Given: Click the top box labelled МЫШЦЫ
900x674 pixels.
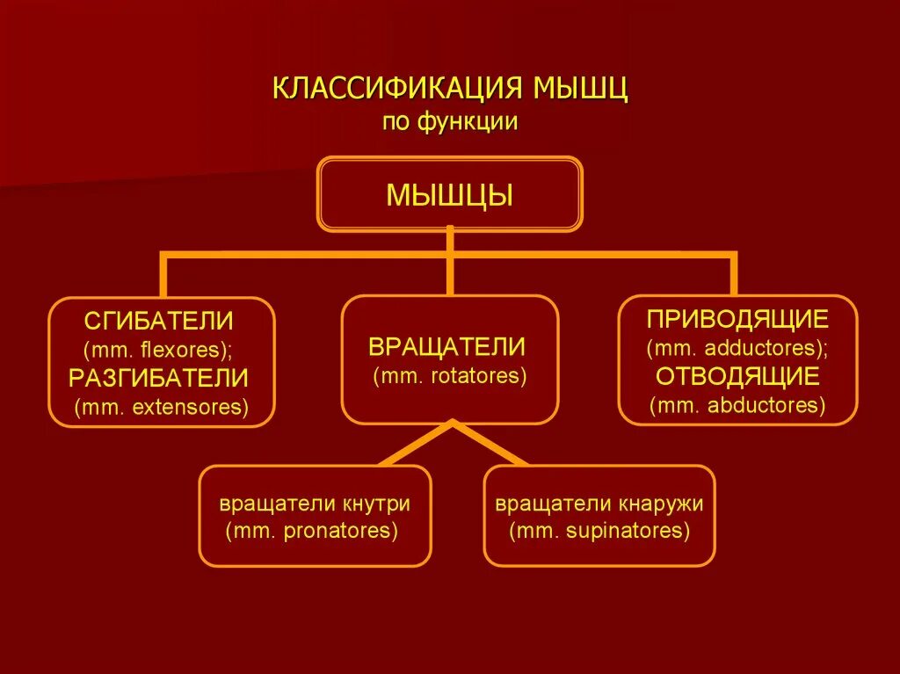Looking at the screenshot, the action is tap(449, 194).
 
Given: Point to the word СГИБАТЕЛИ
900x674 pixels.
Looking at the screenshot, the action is tap(159, 321).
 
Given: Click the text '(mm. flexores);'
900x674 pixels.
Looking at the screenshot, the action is tap(159, 349).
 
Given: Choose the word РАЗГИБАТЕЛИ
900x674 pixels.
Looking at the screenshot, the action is tap(159, 378).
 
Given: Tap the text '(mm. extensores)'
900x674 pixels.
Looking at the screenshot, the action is tap(162, 407).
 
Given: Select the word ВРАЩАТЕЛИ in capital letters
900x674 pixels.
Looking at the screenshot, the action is tap(448, 346).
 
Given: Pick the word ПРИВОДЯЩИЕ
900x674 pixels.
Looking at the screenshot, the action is tap(737, 318).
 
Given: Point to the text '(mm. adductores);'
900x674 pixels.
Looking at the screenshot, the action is tap(737, 348).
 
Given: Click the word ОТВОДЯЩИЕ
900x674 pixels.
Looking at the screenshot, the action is tap(737, 377).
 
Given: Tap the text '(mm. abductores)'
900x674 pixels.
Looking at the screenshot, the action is tap(737, 405).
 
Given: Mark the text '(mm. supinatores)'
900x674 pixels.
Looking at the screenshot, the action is tap(599, 531).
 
